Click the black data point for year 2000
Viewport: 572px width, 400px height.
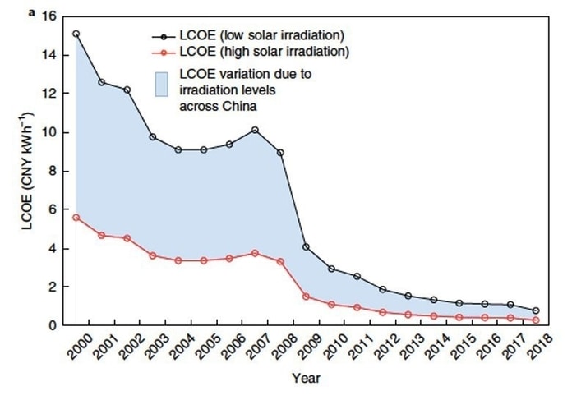[76, 34]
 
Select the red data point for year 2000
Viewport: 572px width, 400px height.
[76, 217]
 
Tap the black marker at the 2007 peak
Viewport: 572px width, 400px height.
[256, 130]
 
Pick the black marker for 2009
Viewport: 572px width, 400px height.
[306, 246]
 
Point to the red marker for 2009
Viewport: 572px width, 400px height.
[306, 297]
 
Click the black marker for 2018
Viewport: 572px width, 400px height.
[536, 311]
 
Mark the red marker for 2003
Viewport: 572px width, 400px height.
[153, 255]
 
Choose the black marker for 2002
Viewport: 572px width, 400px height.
[127, 90]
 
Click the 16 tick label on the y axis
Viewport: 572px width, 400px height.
[48, 16]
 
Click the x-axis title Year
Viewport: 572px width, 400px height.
[305, 379]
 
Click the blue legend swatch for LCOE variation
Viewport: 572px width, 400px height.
[162, 85]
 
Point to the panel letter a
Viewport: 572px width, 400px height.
[32, 14]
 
